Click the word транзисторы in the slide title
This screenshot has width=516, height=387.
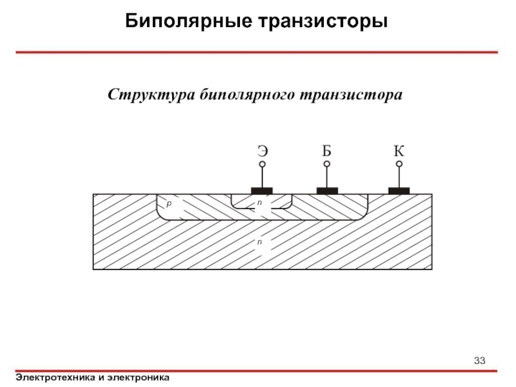click(x=323, y=21)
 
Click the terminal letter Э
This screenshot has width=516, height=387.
click(x=263, y=152)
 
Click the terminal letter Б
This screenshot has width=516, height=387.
click(x=327, y=152)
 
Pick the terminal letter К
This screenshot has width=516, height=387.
click(x=399, y=152)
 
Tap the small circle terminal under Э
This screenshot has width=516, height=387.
click(x=263, y=164)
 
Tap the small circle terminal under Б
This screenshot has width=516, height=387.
click(x=327, y=164)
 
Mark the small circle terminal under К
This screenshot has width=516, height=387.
click(x=399, y=164)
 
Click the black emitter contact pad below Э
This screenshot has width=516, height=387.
click(x=262, y=190)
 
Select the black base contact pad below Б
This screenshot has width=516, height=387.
click(x=327, y=190)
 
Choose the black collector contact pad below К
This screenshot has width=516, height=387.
click(x=399, y=190)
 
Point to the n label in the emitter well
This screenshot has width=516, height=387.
click(x=259, y=203)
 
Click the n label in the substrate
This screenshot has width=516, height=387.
click(x=259, y=241)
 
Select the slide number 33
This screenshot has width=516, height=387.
click(x=479, y=359)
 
